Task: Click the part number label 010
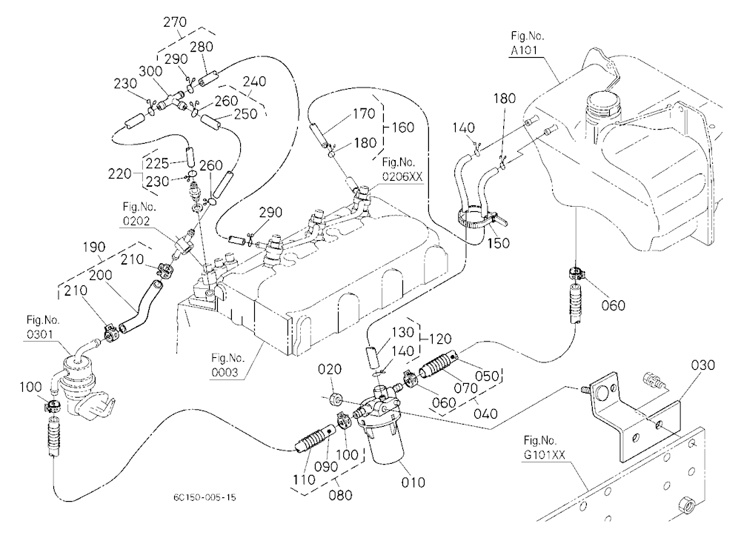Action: (x=413, y=482)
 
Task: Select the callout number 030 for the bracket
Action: (x=702, y=365)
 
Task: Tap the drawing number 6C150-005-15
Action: (x=205, y=497)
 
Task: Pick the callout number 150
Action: (x=498, y=243)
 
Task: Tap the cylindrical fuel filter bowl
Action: (x=386, y=443)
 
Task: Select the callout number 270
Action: (x=175, y=21)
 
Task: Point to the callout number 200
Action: (x=100, y=275)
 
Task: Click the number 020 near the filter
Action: (x=330, y=369)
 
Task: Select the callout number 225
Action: (x=157, y=163)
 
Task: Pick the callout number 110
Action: (x=303, y=479)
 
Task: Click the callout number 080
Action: (x=340, y=495)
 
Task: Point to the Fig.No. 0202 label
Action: (x=139, y=213)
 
